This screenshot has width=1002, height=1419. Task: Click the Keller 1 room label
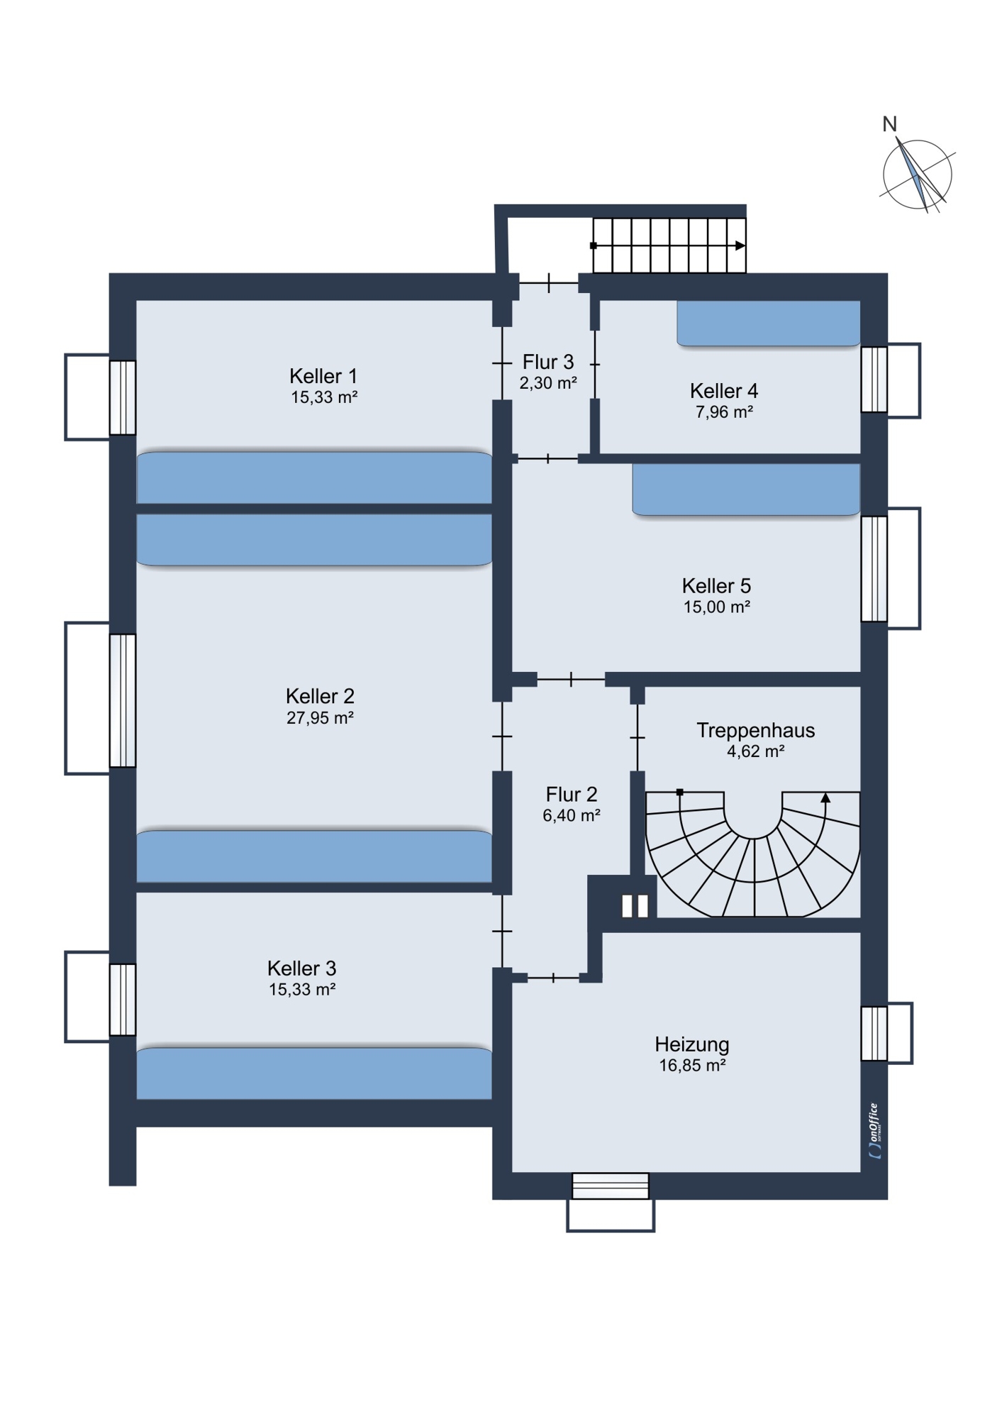[x=323, y=376]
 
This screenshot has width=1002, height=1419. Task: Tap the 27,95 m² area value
[x=320, y=718]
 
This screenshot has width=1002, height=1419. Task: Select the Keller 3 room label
[x=301, y=968]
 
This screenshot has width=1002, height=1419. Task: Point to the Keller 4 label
[x=724, y=391]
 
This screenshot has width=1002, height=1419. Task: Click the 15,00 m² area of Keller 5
[x=717, y=607]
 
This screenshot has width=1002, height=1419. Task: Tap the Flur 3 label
[x=548, y=362]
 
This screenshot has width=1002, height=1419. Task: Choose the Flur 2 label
[x=572, y=794]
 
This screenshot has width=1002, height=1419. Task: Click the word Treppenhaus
[x=756, y=730]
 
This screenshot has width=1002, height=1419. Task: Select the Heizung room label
[x=692, y=1044]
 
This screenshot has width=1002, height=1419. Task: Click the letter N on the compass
[x=890, y=124]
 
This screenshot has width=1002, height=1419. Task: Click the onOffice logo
[x=875, y=1131]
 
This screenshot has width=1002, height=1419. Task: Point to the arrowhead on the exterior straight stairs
[x=740, y=245]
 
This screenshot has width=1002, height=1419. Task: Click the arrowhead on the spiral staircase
[x=825, y=798]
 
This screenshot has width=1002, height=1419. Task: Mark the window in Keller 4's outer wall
[x=874, y=380]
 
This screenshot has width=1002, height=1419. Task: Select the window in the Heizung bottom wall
[x=611, y=1186]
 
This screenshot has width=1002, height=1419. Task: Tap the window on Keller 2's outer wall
[x=123, y=700]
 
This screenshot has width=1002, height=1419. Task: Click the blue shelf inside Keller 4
[x=769, y=324]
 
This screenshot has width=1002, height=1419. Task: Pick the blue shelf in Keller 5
[x=746, y=490]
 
